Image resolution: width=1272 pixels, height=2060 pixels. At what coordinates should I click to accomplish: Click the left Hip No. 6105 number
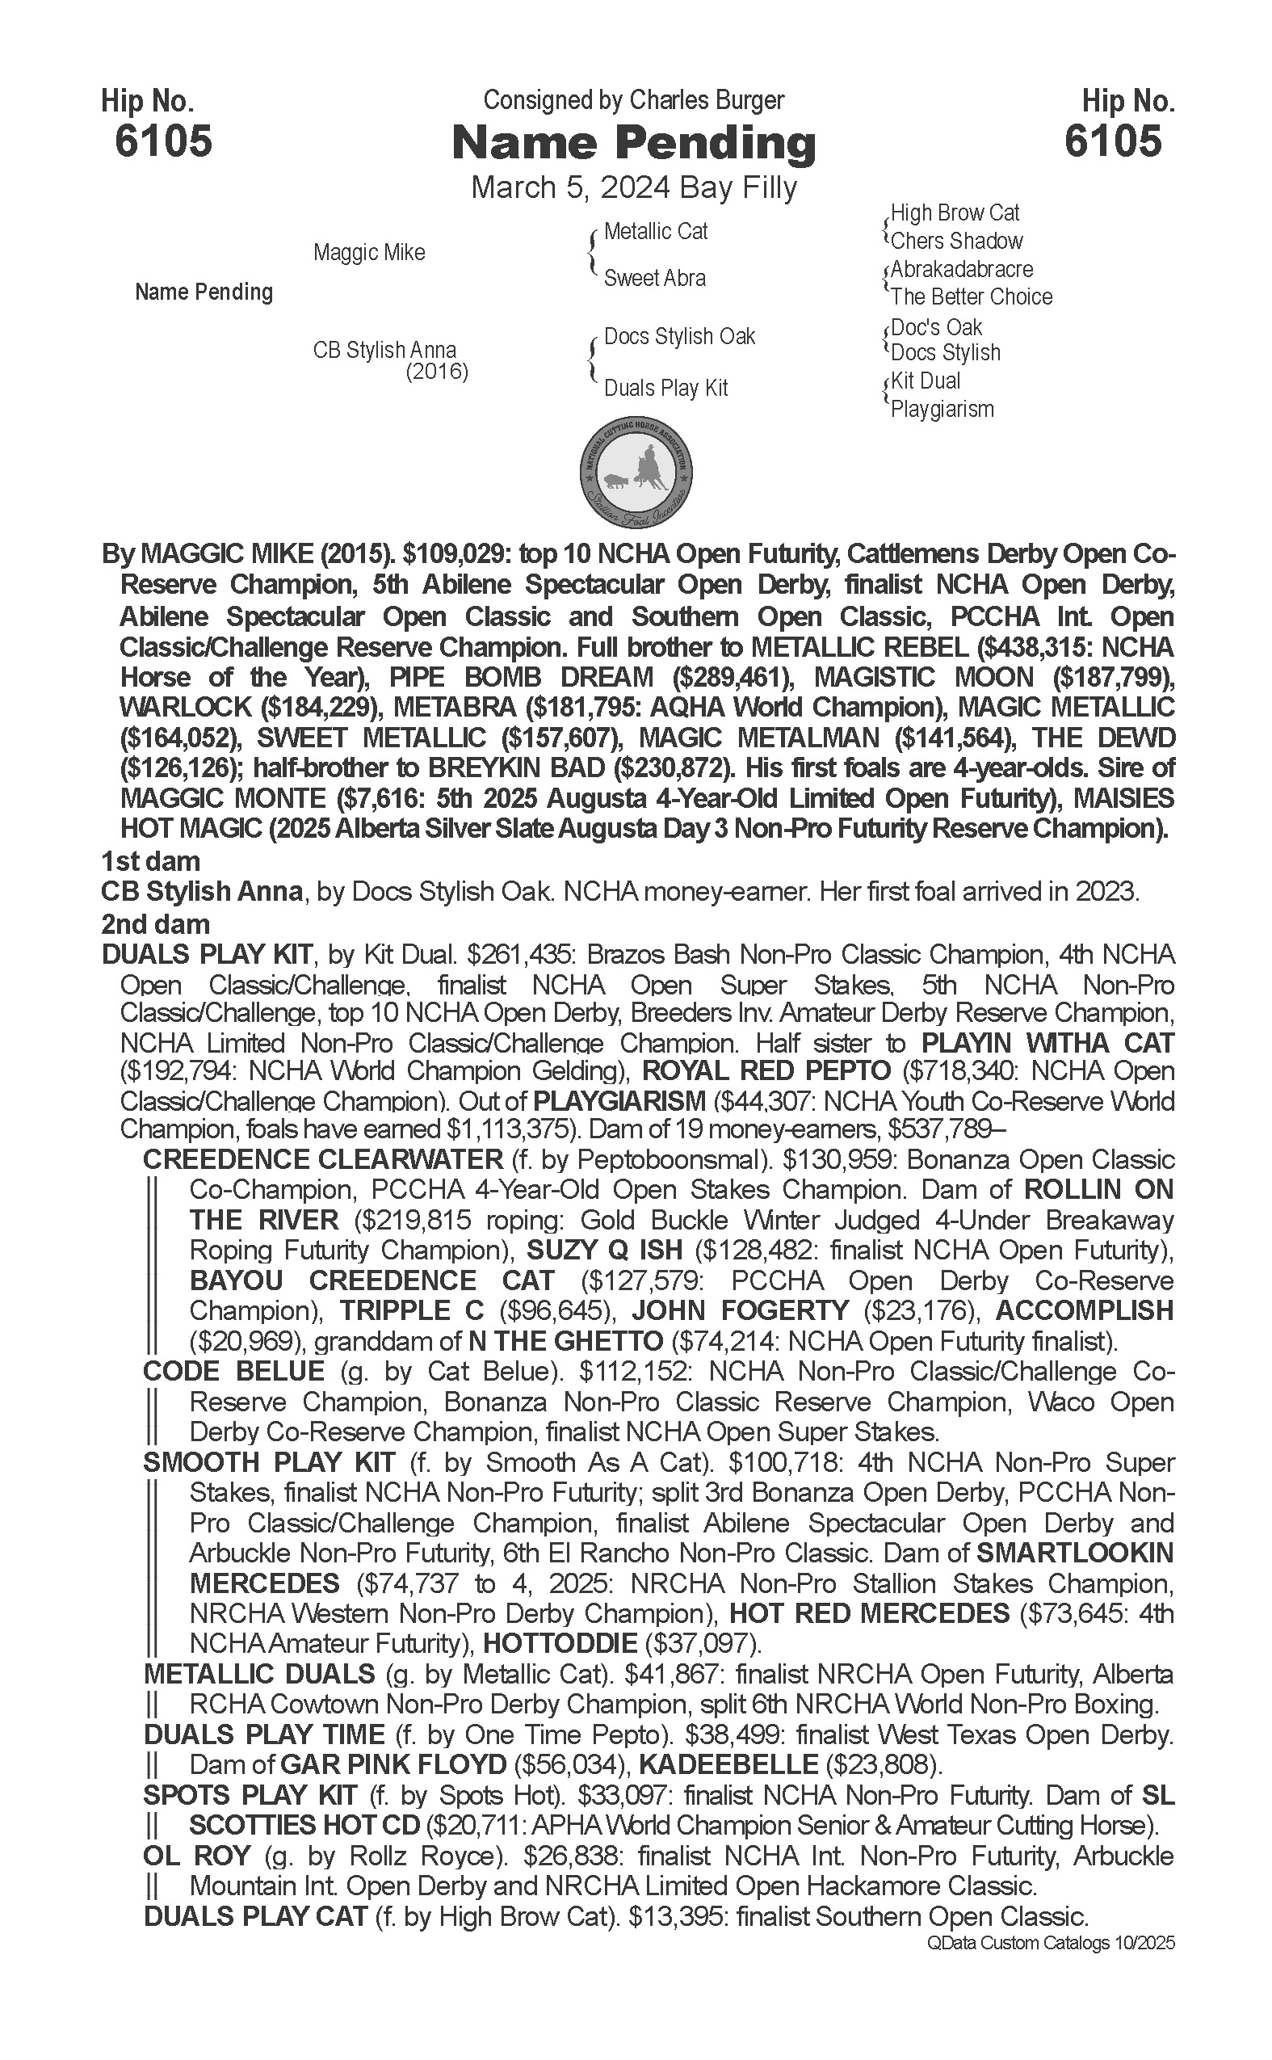[x=163, y=141]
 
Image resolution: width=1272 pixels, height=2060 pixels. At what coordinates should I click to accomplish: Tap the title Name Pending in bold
[x=633, y=143]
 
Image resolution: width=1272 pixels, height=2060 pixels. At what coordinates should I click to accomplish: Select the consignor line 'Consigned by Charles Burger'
[x=633, y=100]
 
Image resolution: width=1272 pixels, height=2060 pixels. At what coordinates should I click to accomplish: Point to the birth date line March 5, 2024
[x=633, y=187]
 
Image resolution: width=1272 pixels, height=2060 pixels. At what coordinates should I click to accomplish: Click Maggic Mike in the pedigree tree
[x=369, y=252]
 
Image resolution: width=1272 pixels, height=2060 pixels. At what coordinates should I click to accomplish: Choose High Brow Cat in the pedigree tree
[x=955, y=213]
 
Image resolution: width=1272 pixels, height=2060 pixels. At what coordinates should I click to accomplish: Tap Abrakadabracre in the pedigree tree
[x=962, y=269]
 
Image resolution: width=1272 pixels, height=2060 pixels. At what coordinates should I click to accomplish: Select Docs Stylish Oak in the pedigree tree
[x=680, y=337]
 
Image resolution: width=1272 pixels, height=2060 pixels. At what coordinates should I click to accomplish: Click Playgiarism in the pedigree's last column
[x=942, y=410]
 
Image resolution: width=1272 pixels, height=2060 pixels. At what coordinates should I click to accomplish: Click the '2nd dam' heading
[x=156, y=924]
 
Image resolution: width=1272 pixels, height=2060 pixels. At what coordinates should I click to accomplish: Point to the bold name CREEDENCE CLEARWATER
[x=323, y=1159]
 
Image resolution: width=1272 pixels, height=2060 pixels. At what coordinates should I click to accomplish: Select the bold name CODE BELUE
[x=234, y=1371]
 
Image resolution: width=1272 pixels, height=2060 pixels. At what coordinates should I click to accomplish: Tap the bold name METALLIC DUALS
[x=259, y=1674]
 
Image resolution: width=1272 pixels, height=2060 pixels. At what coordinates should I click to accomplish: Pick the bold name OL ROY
[x=197, y=1856]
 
